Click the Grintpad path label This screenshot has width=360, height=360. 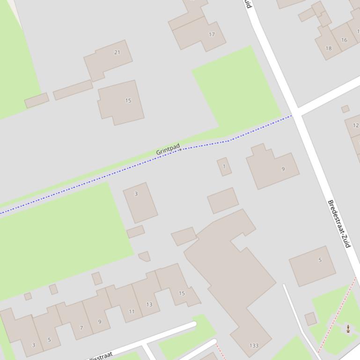click(x=168, y=150)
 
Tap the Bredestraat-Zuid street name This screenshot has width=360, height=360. click(x=339, y=224)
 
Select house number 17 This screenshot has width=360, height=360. click(x=212, y=35)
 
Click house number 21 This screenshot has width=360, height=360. click(x=117, y=52)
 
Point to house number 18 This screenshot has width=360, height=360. click(x=328, y=48)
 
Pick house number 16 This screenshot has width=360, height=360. click(x=344, y=40)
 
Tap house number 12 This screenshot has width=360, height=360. click(x=355, y=125)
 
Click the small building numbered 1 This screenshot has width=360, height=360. click(x=224, y=166)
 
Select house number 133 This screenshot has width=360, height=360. click(x=254, y=346)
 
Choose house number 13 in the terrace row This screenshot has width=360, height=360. click(x=149, y=304)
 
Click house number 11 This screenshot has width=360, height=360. click(x=132, y=311)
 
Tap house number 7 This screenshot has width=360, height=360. click(x=81, y=328)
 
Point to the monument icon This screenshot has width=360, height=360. click(x=348, y=329)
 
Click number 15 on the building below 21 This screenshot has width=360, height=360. click(x=128, y=101)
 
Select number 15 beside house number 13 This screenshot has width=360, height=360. click(x=182, y=294)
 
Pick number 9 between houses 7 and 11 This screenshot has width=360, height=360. click(x=99, y=322)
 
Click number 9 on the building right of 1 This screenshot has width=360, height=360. click(x=283, y=169)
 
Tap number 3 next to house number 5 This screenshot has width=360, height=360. click(x=33, y=345)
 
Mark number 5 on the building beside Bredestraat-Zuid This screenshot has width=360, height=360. click(x=320, y=260)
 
